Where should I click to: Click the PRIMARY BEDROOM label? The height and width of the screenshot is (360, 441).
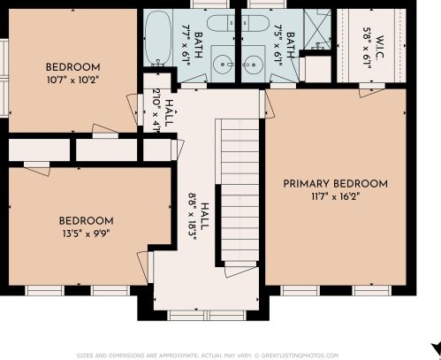(335, 184)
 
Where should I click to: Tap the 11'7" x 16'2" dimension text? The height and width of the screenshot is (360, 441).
(336, 196)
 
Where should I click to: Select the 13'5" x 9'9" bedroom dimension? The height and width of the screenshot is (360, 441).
(86, 234)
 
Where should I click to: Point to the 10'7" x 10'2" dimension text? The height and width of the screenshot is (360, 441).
(72, 80)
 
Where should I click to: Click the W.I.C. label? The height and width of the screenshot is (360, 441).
(380, 48)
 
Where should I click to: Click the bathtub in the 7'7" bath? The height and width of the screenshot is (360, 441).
(158, 38)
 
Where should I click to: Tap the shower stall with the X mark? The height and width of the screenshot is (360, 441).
(317, 29)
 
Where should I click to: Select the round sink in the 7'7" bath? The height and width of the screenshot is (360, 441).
(223, 64)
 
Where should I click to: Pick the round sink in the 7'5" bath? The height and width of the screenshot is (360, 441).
(253, 64)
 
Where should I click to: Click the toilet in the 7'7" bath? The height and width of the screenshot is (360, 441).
(221, 23)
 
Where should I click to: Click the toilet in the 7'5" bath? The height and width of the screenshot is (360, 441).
(255, 23)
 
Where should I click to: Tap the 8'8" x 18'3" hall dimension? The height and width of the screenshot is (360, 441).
(197, 217)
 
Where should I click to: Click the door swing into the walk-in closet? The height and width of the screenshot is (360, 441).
(372, 93)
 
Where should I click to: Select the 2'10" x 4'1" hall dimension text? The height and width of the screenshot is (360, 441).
(161, 112)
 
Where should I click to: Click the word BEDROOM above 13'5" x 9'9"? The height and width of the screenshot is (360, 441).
(86, 221)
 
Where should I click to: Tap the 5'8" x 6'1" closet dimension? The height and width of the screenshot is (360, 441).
(367, 48)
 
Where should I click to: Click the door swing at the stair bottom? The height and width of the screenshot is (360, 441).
(240, 272)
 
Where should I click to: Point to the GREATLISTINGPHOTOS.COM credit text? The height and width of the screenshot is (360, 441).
(300, 356)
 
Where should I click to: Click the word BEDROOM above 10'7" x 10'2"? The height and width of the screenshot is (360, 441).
(73, 67)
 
